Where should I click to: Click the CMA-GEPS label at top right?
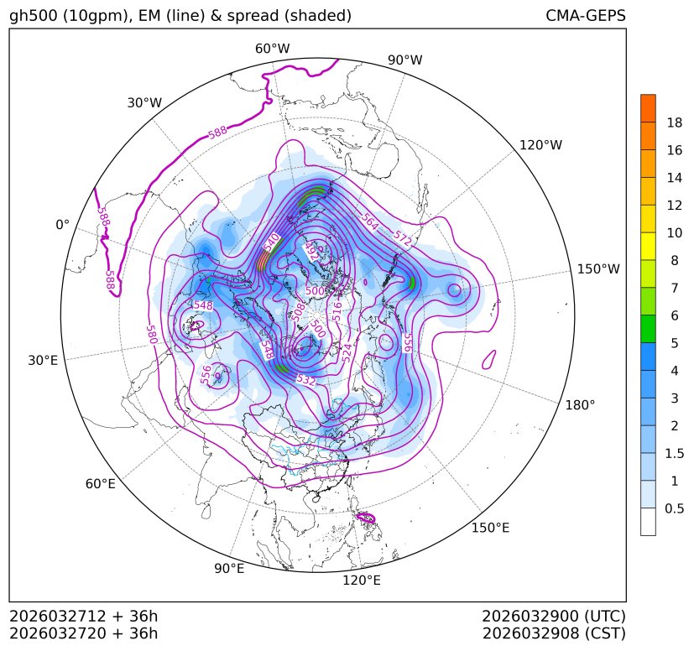[x=585, y=16]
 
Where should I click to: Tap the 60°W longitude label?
[x=272, y=49]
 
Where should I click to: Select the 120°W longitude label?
[x=540, y=145]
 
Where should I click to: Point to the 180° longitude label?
[x=580, y=404]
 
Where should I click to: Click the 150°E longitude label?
[x=490, y=528]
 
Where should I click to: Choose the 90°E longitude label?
[x=229, y=569]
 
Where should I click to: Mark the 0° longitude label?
[x=62, y=225]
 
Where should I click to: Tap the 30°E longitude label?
[x=43, y=361]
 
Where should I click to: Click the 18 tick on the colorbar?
[x=674, y=122]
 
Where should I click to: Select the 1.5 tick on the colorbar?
[x=674, y=453]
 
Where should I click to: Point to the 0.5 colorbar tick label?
[x=674, y=508]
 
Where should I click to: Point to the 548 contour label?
[x=202, y=305]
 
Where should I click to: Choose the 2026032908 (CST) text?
[x=554, y=633]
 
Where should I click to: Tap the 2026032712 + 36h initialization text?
[x=83, y=616]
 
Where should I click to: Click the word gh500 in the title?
[x=31, y=16]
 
